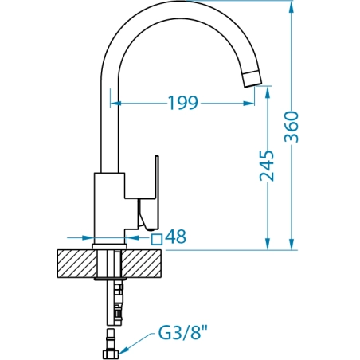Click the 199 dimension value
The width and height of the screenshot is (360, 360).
(183, 103)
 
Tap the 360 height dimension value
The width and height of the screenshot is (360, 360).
(292, 127)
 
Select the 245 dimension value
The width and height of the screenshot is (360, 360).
(267, 166)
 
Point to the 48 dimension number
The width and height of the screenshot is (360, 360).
(175, 237)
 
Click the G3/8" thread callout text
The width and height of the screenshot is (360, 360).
(183, 333)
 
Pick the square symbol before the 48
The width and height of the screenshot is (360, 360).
(157, 239)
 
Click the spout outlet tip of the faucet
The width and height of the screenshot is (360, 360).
(252, 79)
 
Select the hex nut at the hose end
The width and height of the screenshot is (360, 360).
(111, 354)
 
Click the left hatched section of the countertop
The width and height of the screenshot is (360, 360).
(77, 264)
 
